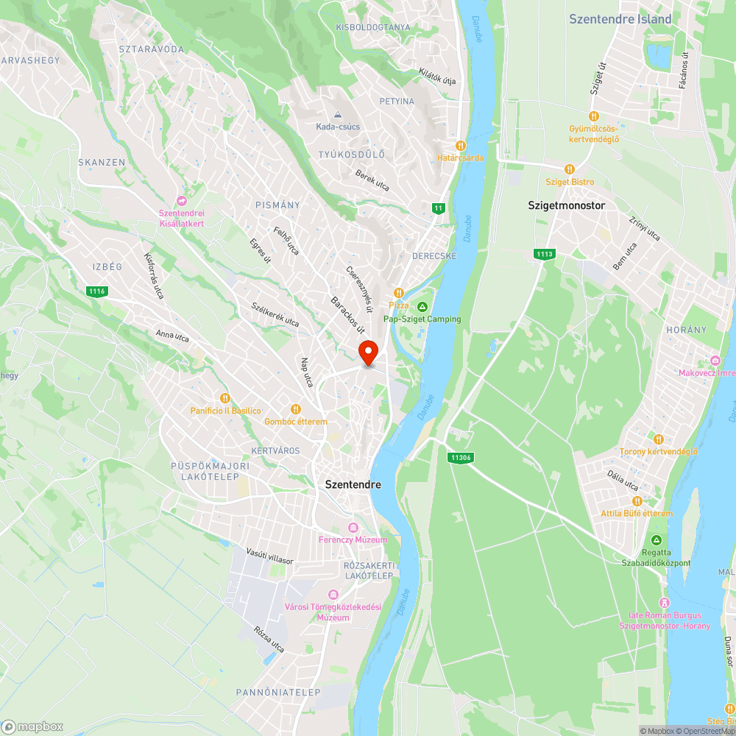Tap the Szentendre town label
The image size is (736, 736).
[353, 485]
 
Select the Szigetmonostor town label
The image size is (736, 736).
[567, 205]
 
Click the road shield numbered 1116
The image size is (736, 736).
[96, 291]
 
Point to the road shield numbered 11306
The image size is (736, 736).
[460, 457]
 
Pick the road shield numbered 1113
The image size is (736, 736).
[545, 254]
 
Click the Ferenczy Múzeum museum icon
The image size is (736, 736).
[353, 527]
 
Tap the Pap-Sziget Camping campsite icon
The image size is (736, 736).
[422, 307]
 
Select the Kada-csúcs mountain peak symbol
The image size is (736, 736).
[338, 115]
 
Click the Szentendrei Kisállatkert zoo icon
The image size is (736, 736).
[181, 201]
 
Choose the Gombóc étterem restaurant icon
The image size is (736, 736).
[296, 409]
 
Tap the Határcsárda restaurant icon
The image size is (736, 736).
[461, 146]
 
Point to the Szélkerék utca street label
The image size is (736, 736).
[275, 315]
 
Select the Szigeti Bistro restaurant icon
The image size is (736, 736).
[569, 169]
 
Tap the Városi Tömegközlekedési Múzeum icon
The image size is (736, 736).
[333, 595]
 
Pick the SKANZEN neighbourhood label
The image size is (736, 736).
[102, 162]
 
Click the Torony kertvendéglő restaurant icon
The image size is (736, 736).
[658, 439]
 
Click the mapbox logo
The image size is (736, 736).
[32, 726]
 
